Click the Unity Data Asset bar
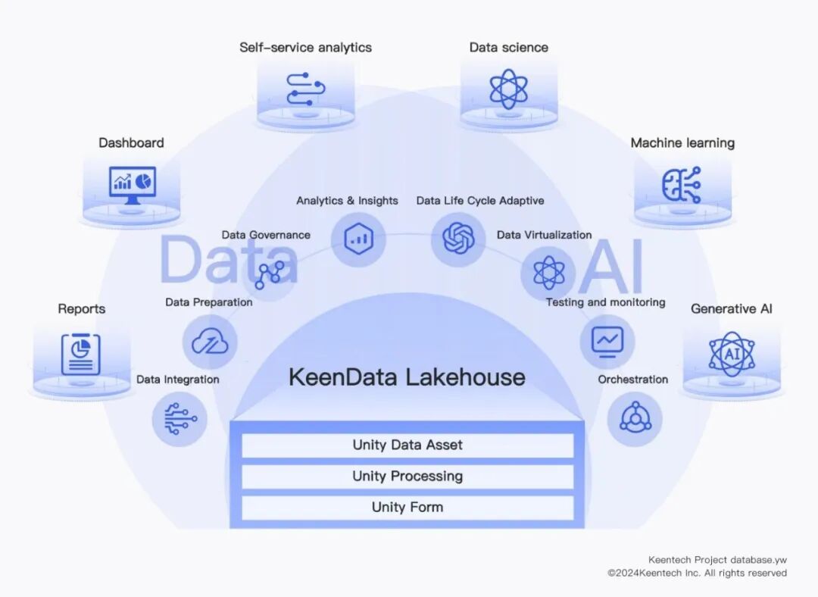[x=407, y=445]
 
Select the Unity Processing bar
[x=407, y=476]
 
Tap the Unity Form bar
[x=407, y=507]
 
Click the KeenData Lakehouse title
[x=407, y=377]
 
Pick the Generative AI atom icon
[x=732, y=353]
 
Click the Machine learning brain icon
[x=682, y=185]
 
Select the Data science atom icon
[x=508, y=89]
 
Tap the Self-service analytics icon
[x=306, y=89]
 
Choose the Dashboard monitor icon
[x=132, y=184]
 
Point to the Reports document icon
[x=81, y=354]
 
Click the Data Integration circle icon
[x=180, y=419]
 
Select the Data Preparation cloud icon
[x=210, y=342]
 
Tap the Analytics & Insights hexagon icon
[x=358, y=239]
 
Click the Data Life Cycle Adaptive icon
[x=458, y=239]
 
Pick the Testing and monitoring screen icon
[x=607, y=341]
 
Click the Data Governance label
[x=266, y=235]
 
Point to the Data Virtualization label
[x=544, y=235]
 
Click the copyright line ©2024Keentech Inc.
[x=697, y=573]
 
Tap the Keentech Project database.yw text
[x=717, y=560]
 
